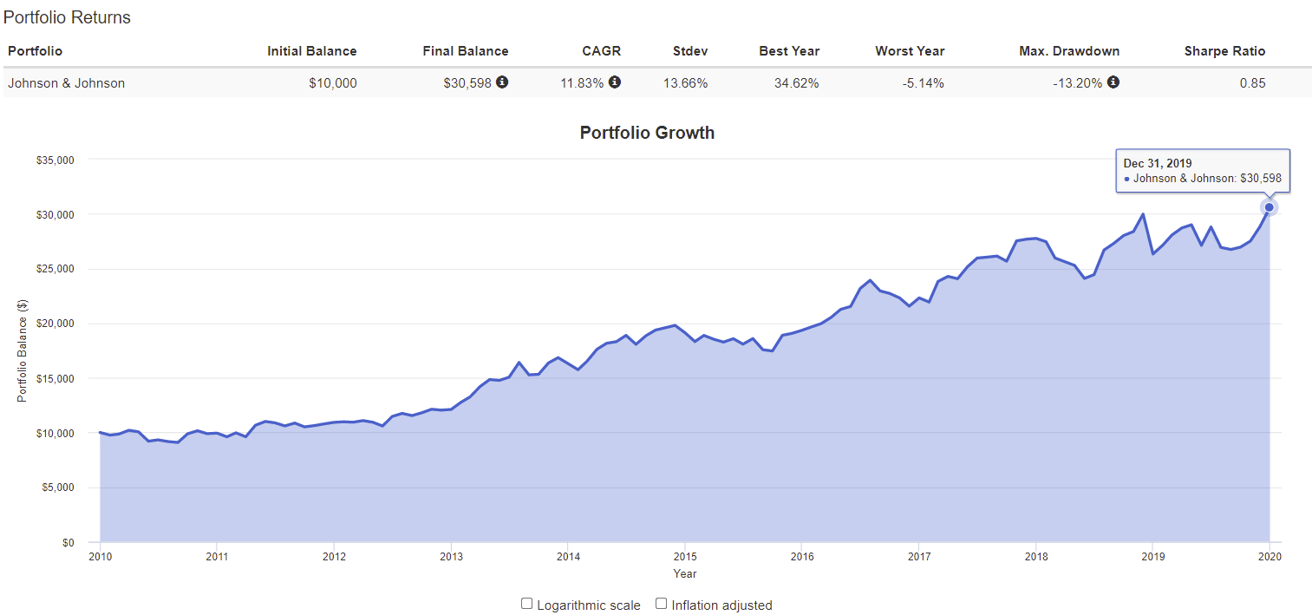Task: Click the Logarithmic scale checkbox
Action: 526,604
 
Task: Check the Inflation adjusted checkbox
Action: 661,604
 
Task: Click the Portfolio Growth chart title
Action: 647,133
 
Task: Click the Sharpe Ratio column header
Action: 1224,51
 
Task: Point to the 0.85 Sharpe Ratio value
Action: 1252,83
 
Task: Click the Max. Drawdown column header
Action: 1069,51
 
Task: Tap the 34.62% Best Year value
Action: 796,83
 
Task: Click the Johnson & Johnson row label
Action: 67,83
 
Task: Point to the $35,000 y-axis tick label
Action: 55,160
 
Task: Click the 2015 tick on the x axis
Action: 685,556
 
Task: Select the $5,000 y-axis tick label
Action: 58,487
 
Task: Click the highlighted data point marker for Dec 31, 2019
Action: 1270,206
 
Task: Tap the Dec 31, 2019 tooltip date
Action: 1157,163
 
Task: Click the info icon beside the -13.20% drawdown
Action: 1113,82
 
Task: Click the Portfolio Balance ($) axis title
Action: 23,350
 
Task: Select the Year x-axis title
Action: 685,573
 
